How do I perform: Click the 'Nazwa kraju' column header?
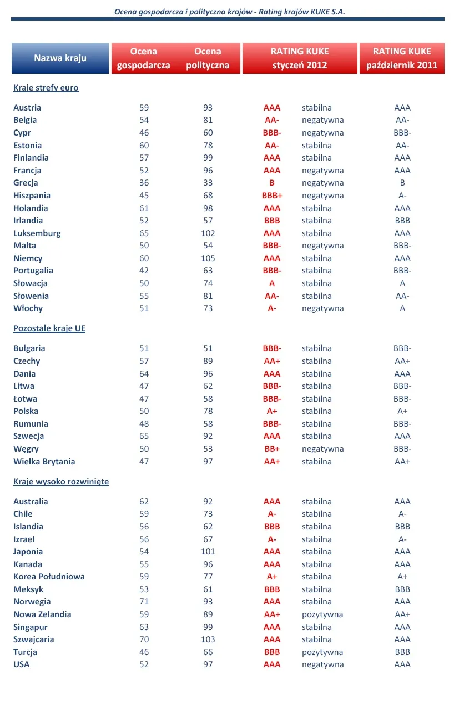(x=60, y=58)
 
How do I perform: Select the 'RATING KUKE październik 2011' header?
(x=402, y=58)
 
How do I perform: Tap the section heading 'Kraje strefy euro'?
(x=46, y=88)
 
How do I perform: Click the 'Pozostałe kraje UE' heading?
(x=49, y=328)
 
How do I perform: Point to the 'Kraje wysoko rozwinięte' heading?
(x=61, y=482)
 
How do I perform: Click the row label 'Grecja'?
(x=26, y=183)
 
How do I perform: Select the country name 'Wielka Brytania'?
(x=44, y=462)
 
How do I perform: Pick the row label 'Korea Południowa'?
(x=49, y=577)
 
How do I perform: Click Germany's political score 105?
(x=208, y=258)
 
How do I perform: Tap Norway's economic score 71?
(x=144, y=602)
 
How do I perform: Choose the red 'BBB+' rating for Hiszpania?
(x=272, y=196)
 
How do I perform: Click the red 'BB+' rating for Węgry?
(x=272, y=449)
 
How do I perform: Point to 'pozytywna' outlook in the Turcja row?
(x=322, y=652)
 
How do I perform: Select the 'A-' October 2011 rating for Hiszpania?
(x=402, y=196)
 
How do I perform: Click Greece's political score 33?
(x=208, y=183)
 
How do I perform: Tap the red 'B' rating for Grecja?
(x=272, y=183)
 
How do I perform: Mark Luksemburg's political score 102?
(x=208, y=233)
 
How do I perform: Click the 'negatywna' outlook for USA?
(x=322, y=664)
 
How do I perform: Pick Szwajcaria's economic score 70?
(x=144, y=639)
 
